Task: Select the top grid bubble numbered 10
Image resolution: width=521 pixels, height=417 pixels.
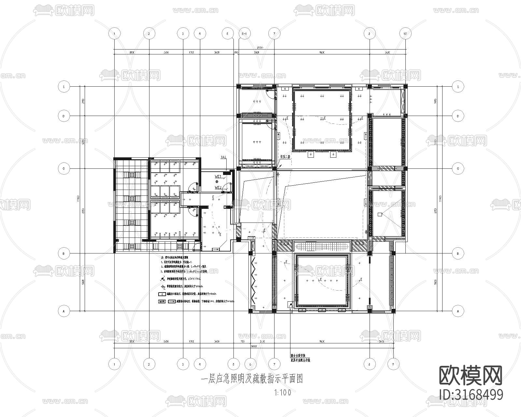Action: click(x=405, y=33)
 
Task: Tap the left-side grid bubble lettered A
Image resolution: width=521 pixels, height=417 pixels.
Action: click(x=64, y=311)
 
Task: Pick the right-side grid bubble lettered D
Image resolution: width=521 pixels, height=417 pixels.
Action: click(x=458, y=116)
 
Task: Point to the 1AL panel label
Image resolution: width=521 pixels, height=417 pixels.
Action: click(x=223, y=157)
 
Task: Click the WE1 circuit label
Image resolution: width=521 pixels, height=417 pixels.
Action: click(x=218, y=176)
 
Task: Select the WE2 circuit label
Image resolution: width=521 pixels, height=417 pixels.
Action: click(x=218, y=188)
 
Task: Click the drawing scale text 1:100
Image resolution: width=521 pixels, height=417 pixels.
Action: click(x=283, y=393)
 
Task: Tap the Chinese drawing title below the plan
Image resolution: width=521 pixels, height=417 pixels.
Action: click(x=252, y=379)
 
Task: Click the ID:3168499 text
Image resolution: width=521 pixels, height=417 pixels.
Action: click(x=472, y=394)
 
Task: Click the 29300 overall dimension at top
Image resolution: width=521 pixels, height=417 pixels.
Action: click(x=260, y=48)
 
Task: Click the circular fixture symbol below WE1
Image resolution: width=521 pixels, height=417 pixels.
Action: click(x=217, y=181)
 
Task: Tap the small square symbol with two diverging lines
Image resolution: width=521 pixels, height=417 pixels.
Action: click(x=379, y=214)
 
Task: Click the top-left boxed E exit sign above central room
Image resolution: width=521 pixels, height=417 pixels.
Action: click(x=284, y=89)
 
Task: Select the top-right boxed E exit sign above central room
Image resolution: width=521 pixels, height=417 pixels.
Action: click(x=359, y=89)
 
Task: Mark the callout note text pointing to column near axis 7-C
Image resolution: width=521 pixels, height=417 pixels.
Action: click(x=285, y=157)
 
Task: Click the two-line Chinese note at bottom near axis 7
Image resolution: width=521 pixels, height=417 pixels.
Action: click(x=300, y=358)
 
